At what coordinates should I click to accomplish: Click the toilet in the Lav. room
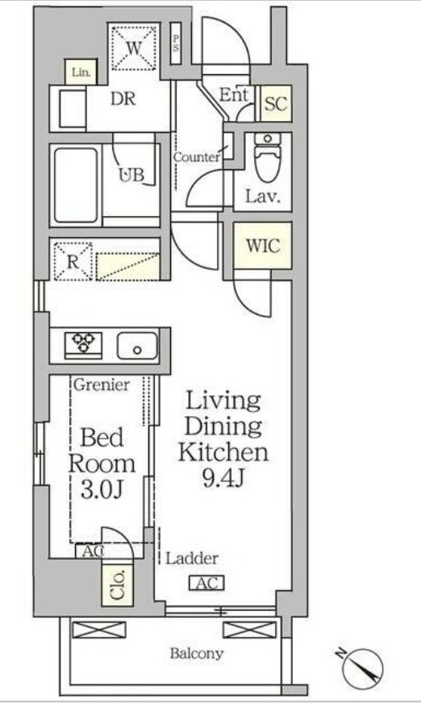pyautogui.click(x=267, y=157)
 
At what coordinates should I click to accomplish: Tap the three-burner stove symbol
pyautogui.click(x=83, y=345)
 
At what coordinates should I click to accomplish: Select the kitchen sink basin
pyautogui.click(x=138, y=346)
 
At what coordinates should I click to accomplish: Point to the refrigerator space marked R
pyautogui.click(x=73, y=261)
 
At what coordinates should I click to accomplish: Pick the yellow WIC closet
pyautogui.click(x=263, y=246)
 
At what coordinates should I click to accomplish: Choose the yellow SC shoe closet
pyautogui.click(x=276, y=103)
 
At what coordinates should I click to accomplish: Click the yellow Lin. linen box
pyautogui.click(x=81, y=73)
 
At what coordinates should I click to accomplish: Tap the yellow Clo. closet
pyautogui.click(x=118, y=585)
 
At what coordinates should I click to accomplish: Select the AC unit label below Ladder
pyautogui.click(x=206, y=583)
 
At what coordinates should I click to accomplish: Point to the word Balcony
pyautogui.click(x=196, y=653)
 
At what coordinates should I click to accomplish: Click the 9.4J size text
pyautogui.click(x=223, y=479)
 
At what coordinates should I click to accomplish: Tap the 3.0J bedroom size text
pyautogui.click(x=102, y=490)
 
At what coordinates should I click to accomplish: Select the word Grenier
pyautogui.click(x=102, y=385)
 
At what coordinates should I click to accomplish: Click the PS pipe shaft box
pyautogui.click(x=176, y=43)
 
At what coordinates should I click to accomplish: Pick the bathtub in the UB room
pyautogui.click(x=76, y=185)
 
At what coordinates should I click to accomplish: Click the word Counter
pyautogui.click(x=197, y=157)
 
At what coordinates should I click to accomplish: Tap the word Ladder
pyautogui.click(x=192, y=559)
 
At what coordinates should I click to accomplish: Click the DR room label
pyautogui.click(x=123, y=98)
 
